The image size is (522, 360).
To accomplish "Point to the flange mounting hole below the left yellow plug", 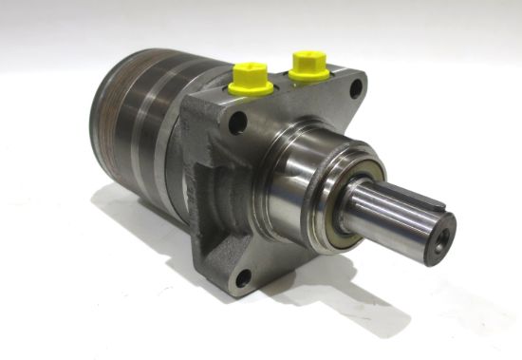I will click(x=237, y=122).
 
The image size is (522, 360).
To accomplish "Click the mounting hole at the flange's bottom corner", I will click(x=244, y=277).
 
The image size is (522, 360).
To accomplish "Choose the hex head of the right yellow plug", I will click(x=308, y=58).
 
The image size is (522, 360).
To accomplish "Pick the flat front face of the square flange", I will click(x=275, y=237).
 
